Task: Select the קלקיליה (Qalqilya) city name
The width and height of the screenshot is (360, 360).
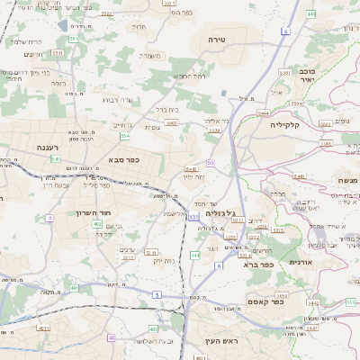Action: [290, 125]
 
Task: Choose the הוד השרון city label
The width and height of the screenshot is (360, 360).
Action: [107, 211]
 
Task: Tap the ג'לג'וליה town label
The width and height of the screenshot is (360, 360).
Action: [220, 213]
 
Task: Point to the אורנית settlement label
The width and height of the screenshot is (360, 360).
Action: [297, 262]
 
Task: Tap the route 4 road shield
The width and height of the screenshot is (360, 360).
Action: [50, 218]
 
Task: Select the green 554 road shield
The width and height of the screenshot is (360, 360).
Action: [125, 136]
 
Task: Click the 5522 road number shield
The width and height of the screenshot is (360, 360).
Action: [107, 13]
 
